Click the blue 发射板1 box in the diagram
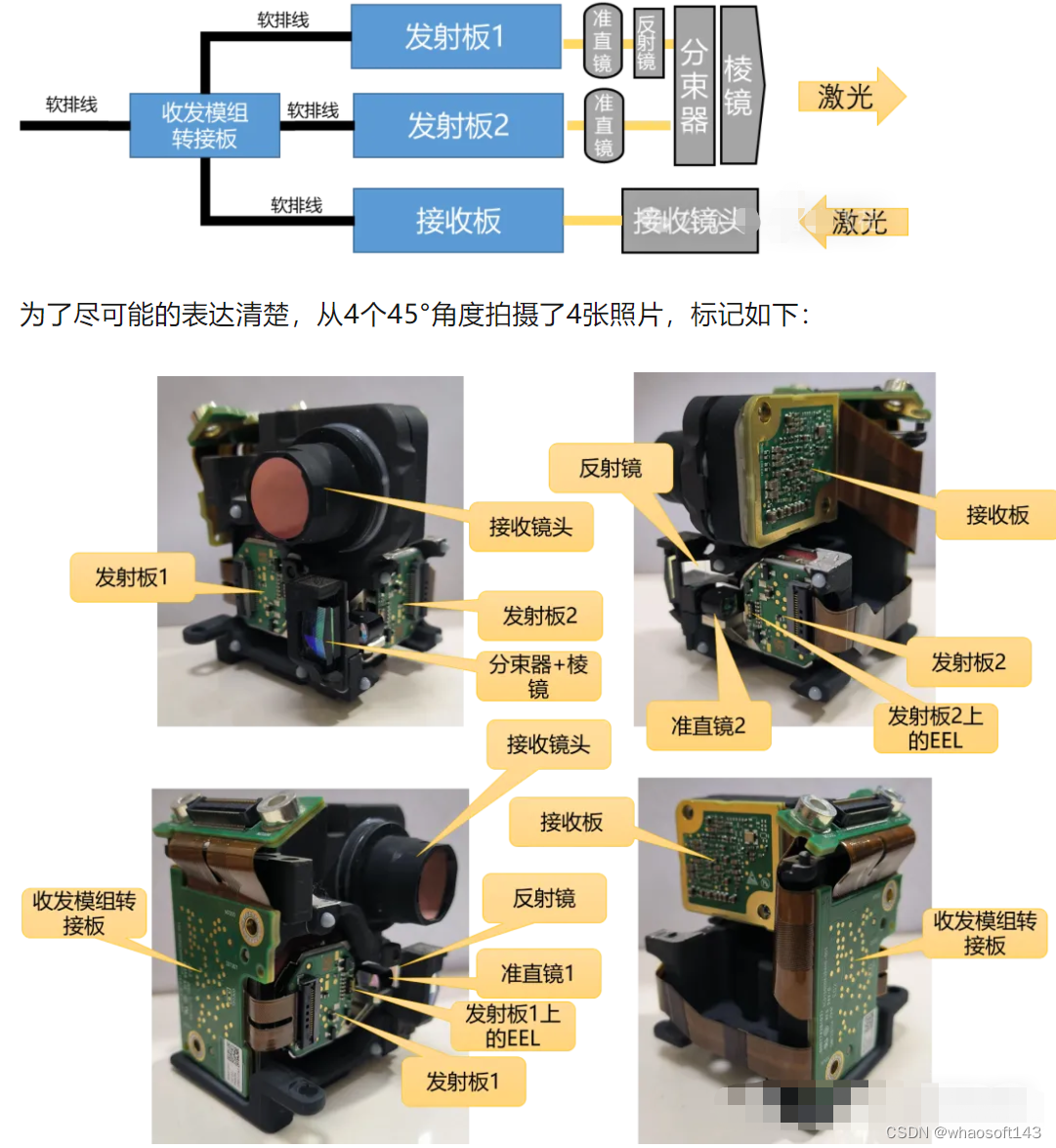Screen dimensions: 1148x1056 (x=455, y=37)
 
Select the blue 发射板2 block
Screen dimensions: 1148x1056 (x=457, y=125)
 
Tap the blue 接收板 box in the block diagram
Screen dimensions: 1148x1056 (x=457, y=221)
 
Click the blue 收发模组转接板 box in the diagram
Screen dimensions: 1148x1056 (x=204, y=126)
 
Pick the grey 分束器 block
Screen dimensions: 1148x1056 (x=694, y=86)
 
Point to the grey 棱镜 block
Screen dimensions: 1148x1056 (x=739, y=86)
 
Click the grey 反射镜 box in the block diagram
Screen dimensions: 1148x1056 (x=647, y=43)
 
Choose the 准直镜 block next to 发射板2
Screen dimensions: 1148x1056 (x=603, y=125)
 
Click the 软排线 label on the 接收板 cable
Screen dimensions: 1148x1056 (x=296, y=205)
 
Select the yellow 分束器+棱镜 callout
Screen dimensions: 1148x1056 (x=538, y=676)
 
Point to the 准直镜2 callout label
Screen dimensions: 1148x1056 (x=708, y=726)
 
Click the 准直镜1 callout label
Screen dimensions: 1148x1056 (x=537, y=973)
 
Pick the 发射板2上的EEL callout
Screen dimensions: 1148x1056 (x=935, y=728)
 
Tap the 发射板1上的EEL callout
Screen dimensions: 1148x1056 (x=513, y=1026)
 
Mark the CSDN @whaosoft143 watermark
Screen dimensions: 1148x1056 (x=962, y=1132)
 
